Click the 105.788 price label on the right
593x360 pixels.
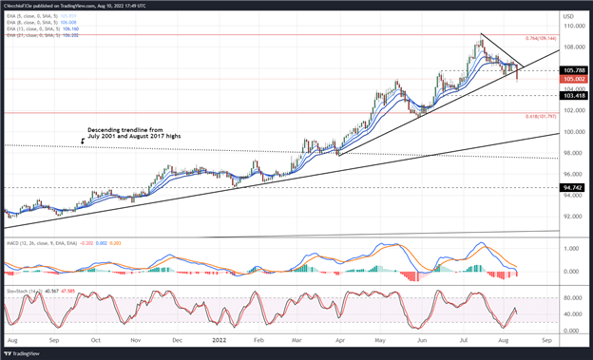[574, 70]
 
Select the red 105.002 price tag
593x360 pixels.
[574, 80]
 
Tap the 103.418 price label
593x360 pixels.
[574, 96]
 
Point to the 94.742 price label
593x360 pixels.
[574, 188]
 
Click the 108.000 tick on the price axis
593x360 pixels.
[572, 47]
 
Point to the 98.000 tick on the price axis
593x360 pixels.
[572, 153]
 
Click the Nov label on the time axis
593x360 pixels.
[135, 338]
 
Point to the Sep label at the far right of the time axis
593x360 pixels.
[545, 338]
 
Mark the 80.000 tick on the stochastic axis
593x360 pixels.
[571, 296]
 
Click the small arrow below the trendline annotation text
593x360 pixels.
[83, 142]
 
